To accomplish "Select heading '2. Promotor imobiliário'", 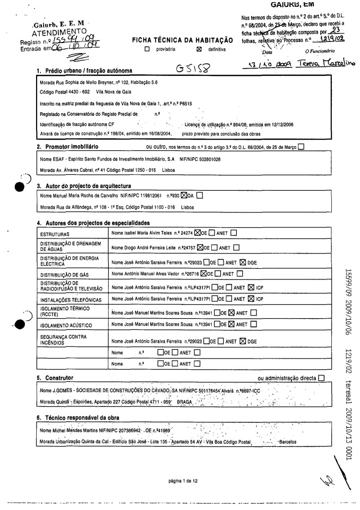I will coord(69,146).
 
